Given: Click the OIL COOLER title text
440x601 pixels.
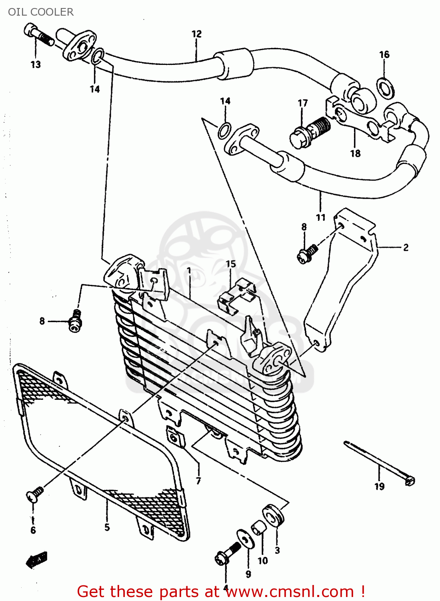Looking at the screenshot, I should click(x=41, y=12).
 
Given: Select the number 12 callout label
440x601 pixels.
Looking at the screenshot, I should click(x=196, y=34).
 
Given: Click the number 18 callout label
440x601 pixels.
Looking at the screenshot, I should click(x=355, y=153).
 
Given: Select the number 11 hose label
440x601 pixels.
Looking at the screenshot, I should click(x=321, y=217).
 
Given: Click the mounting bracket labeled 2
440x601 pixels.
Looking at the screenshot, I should click(x=340, y=280).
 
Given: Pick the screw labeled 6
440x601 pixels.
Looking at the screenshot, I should click(x=35, y=494).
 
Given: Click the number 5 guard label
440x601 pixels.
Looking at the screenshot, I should click(x=107, y=527).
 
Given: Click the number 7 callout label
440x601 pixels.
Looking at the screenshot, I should click(x=198, y=481).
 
